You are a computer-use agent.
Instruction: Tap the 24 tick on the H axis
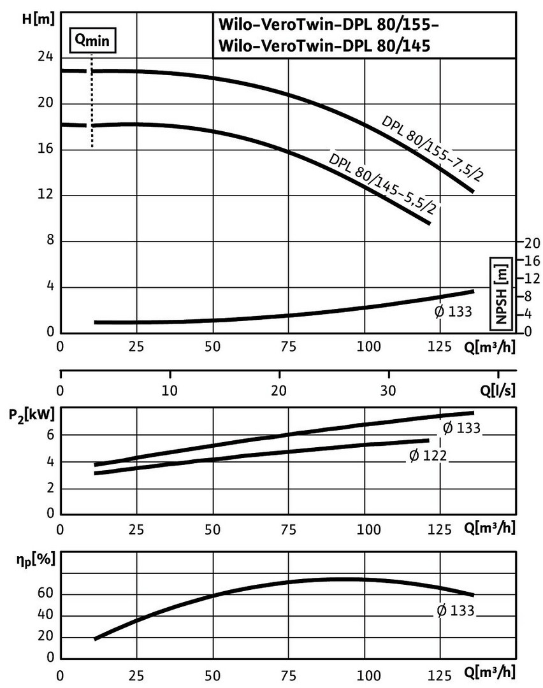point(45,58)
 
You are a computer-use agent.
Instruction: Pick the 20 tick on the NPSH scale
point(532,243)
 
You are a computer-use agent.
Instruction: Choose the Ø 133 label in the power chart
point(461,428)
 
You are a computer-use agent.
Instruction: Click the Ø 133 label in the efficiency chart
point(456,610)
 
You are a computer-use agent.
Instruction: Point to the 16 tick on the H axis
point(45,150)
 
